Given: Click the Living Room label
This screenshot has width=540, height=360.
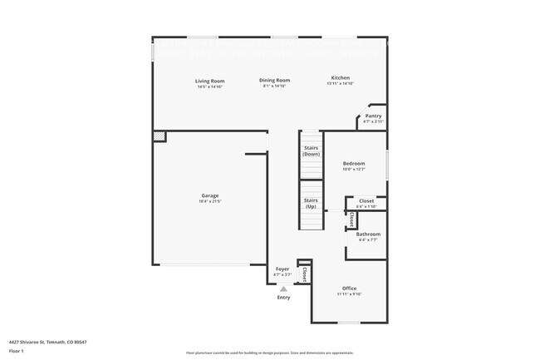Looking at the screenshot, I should tap(210, 81).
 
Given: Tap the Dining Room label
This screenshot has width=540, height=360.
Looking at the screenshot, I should tap(274, 80).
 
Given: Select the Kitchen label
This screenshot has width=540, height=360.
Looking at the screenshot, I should tap(341, 77).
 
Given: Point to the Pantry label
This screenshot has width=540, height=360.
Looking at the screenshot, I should tap(373, 116).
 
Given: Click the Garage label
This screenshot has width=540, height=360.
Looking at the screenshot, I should tap(209, 195).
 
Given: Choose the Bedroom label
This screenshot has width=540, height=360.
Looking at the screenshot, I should tap(354, 164).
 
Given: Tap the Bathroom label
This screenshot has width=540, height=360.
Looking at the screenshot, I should tap(367, 234).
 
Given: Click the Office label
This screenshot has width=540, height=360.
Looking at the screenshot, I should tap(349, 288).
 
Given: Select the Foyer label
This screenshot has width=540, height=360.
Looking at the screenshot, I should tap(282, 269).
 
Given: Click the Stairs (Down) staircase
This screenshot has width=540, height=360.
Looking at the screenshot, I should tap(311, 151).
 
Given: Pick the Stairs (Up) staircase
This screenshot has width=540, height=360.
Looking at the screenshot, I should tap(311, 204).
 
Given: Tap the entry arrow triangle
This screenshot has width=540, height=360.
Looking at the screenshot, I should tap(283, 288).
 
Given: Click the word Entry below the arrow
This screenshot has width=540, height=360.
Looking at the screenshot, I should tap(283, 298).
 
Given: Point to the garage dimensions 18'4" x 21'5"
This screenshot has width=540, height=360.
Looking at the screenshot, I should tap(209, 202).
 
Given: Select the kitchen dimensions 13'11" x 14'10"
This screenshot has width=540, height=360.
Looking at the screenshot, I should tap(341, 84).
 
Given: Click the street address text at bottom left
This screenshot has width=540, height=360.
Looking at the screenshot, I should tap(48, 341).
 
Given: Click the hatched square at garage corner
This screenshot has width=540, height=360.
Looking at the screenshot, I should tap(158, 136).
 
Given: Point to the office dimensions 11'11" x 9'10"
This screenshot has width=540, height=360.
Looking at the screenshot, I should tap(349, 294).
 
